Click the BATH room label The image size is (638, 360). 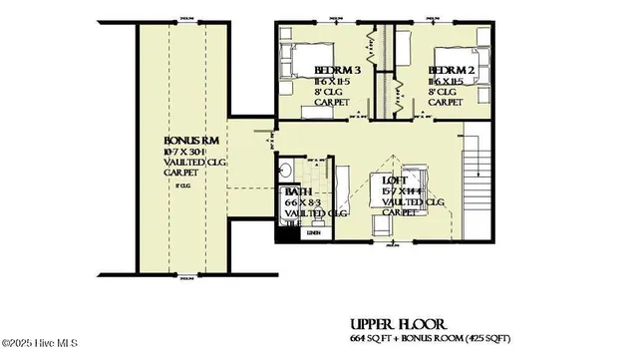(x=298, y=190)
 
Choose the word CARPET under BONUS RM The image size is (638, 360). (x=181, y=173)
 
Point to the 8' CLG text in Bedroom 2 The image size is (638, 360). (x=445, y=91)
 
